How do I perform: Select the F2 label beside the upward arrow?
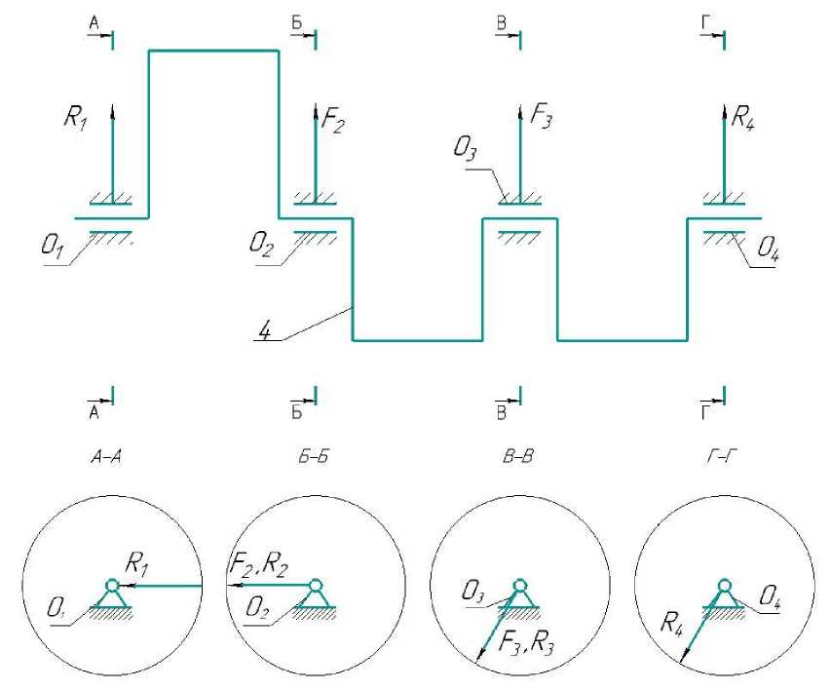click(x=333, y=124)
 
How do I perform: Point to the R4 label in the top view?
click(x=744, y=122)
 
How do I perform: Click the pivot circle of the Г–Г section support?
click(x=724, y=586)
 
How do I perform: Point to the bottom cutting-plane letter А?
click(x=95, y=411)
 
